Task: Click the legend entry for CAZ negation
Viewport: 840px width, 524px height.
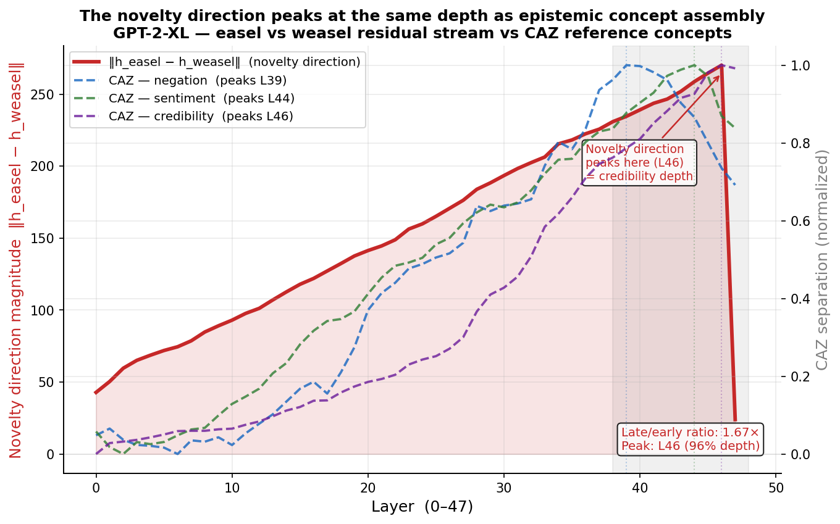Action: click(197, 80)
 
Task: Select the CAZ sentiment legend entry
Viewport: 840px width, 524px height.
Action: click(201, 98)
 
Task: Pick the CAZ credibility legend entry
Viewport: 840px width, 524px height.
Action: click(200, 116)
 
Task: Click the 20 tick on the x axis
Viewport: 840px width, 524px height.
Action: click(368, 487)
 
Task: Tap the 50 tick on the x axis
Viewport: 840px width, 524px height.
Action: click(776, 487)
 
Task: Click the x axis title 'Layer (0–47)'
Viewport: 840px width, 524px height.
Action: click(422, 507)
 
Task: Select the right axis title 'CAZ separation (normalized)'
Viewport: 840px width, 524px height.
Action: click(822, 259)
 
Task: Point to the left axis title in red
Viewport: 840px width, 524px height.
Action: click(16, 259)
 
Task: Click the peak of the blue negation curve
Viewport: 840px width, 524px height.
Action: click(626, 65)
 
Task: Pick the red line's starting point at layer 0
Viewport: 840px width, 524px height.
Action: click(96, 393)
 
